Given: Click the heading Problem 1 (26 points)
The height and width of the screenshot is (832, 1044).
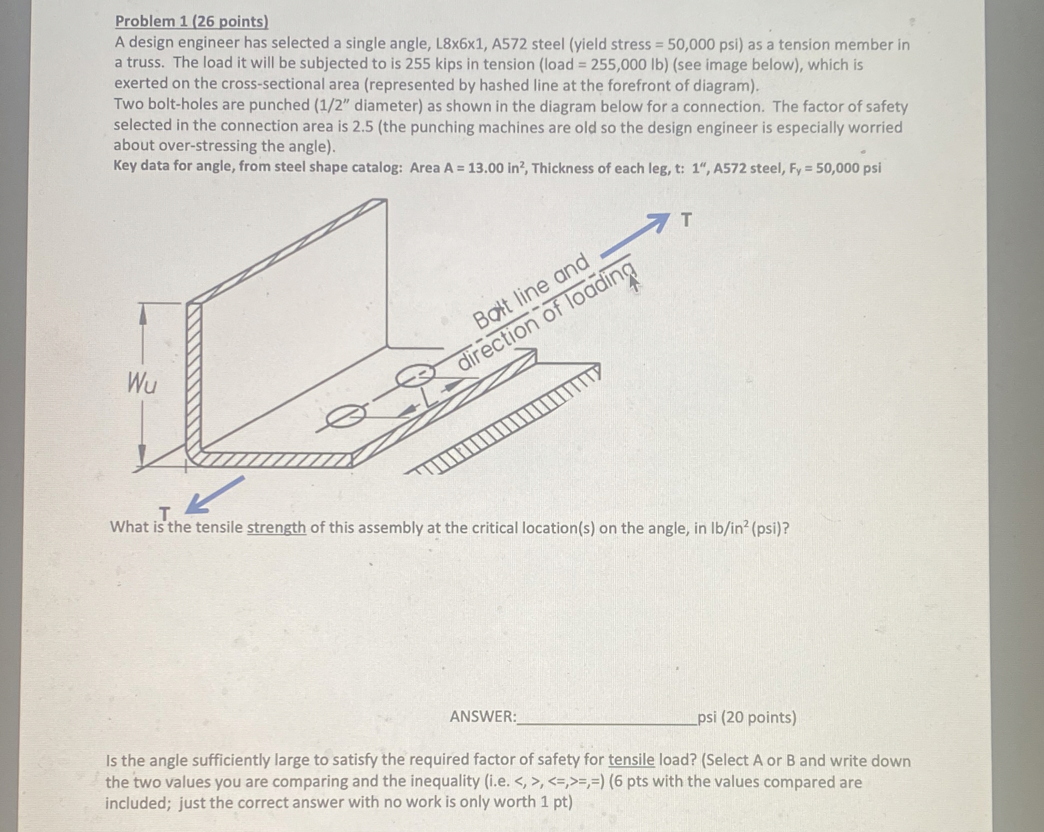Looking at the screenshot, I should pos(192,21).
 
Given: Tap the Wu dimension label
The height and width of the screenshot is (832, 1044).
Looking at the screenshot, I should pos(142,384).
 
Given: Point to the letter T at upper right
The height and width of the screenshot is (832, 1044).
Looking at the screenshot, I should pos(686,220).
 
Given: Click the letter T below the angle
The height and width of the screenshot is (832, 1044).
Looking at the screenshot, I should pos(164,514).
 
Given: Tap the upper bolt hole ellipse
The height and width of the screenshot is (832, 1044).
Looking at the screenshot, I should pos(415,376).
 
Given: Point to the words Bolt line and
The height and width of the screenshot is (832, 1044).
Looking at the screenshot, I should pos(531,290).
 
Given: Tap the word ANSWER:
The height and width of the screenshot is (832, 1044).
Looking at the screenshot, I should pos(483,717).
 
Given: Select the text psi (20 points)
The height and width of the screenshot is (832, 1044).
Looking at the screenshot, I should pos(747,717).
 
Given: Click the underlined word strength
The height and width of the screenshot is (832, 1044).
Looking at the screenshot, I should pos(276,528).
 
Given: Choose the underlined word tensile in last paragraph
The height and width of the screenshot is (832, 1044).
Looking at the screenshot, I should pos(631,760).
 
